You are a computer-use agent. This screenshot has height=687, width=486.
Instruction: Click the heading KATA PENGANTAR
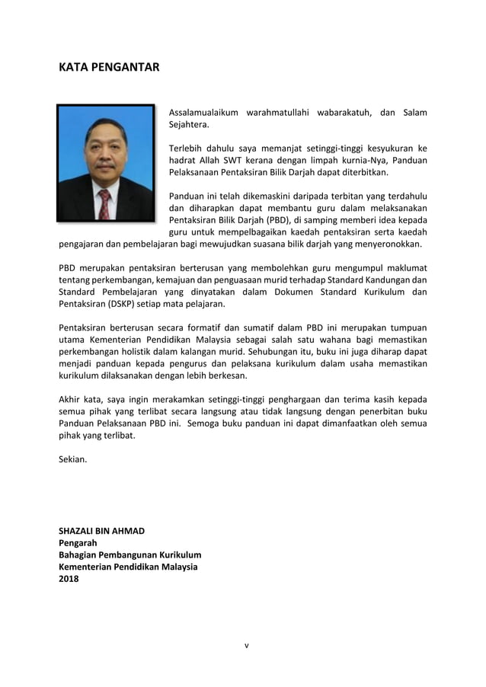point(109,67)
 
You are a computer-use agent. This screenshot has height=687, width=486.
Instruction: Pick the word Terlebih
point(187,149)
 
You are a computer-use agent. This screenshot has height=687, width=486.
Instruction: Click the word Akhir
point(71,400)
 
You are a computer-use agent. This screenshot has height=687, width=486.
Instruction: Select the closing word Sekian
point(73,459)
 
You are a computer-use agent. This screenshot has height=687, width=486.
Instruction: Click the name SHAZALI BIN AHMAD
point(101,531)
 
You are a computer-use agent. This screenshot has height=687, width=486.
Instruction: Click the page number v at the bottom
point(246,646)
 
